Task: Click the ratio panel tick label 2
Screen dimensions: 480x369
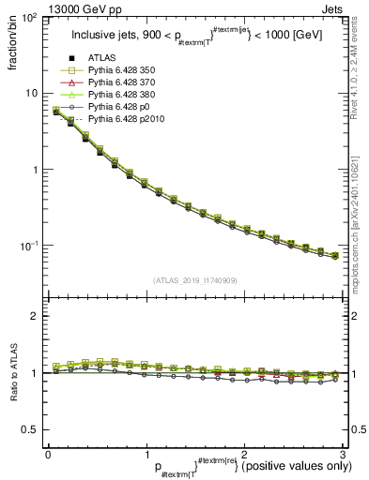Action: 34,316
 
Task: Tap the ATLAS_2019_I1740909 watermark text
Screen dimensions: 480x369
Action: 194,280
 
